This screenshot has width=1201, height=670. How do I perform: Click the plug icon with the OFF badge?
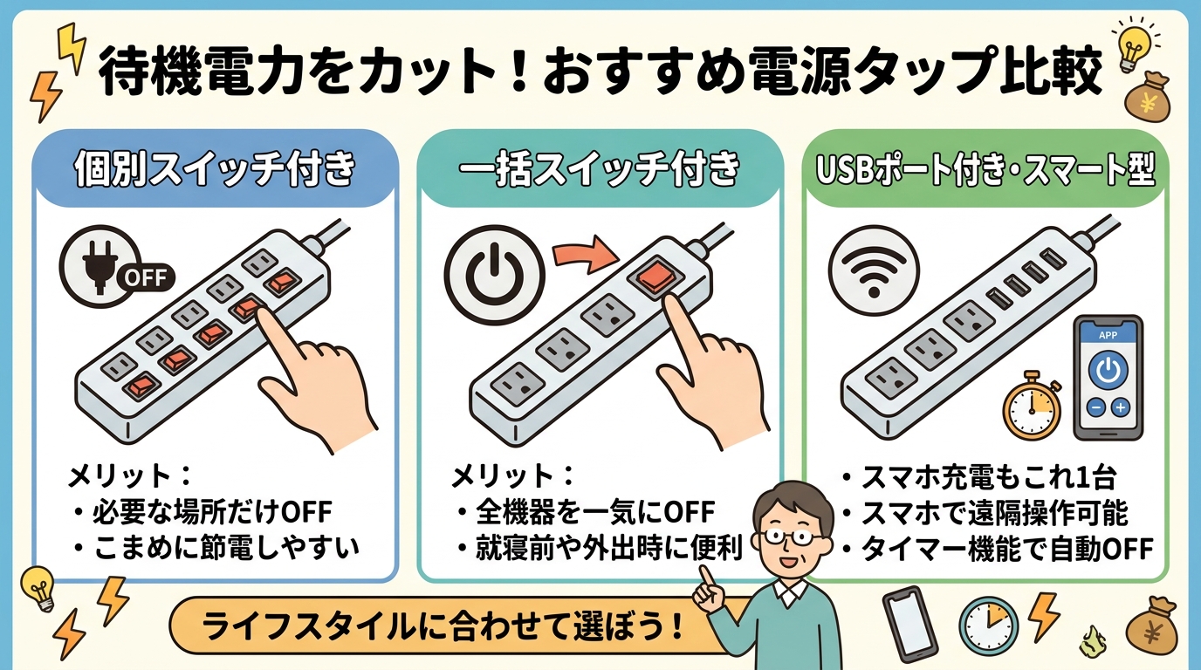[x=100, y=265]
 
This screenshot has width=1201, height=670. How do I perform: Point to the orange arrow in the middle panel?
[x=584, y=256]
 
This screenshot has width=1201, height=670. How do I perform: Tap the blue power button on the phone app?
[x=1108, y=372]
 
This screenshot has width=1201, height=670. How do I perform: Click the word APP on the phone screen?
[x=1108, y=334]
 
